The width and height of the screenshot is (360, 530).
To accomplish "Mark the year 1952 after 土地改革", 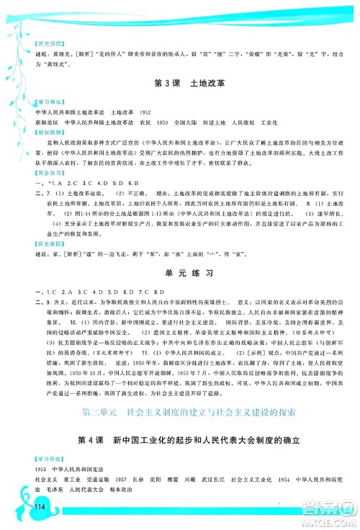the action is click(x=146, y=114).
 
